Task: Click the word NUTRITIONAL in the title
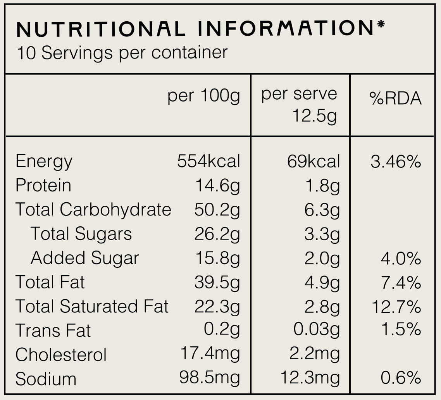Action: click(x=101, y=29)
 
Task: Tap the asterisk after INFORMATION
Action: click(x=381, y=24)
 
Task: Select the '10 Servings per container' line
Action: click(x=122, y=53)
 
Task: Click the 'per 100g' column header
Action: click(x=203, y=96)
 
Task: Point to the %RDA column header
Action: click(x=395, y=98)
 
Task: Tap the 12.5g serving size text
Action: click(x=314, y=116)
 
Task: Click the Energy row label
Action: click(x=44, y=162)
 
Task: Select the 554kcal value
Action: click(x=208, y=161)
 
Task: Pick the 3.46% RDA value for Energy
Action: click(x=396, y=162)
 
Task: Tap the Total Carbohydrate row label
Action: click(x=93, y=210)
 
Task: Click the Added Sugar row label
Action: click(x=84, y=258)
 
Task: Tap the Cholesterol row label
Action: click(x=61, y=355)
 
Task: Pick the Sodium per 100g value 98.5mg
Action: click(x=210, y=378)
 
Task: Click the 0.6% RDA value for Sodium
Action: click(x=401, y=378)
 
